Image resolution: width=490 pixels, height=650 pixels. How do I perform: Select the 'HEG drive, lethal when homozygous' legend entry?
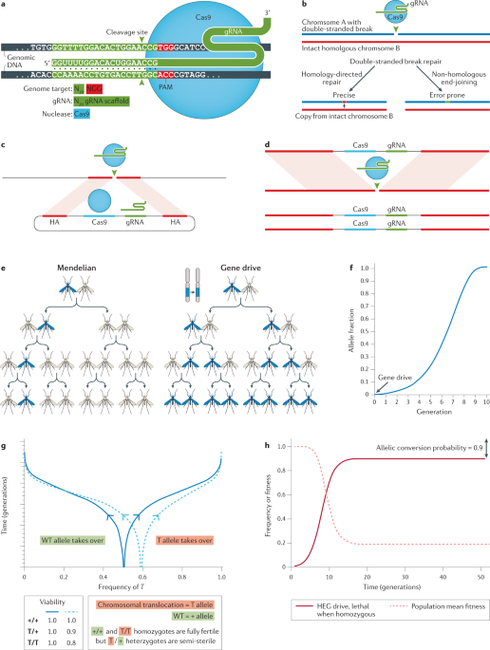pos(334,618)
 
